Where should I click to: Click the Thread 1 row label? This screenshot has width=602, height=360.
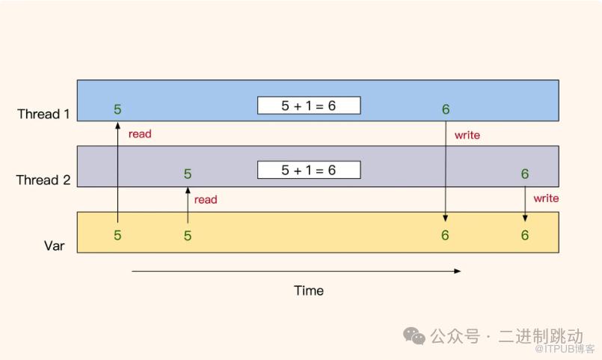click(x=43, y=115)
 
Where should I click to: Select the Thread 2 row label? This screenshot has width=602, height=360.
click(x=43, y=180)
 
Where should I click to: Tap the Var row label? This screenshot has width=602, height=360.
click(x=54, y=245)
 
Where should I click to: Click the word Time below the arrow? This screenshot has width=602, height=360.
click(x=309, y=290)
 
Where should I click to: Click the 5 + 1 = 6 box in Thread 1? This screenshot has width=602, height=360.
click(x=309, y=106)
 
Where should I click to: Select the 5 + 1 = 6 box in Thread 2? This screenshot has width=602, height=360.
click(x=309, y=170)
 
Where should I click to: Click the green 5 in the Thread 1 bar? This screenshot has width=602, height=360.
click(x=117, y=109)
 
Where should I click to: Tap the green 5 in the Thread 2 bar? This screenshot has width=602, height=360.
click(x=188, y=174)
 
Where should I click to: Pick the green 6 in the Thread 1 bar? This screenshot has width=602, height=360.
click(x=446, y=109)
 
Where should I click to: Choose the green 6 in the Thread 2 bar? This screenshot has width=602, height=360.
click(x=525, y=174)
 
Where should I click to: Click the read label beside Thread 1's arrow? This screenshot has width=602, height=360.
click(x=140, y=134)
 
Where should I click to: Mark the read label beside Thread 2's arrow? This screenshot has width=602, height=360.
click(x=206, y=199)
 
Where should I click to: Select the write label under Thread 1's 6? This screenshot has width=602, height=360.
click(x=467, y=135)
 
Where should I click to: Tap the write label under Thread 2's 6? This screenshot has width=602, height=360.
click(x=546, y=198)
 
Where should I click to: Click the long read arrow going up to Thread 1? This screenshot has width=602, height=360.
click(x=117, y=172)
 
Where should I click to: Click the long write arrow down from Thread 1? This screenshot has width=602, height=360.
click(x=446, y=172)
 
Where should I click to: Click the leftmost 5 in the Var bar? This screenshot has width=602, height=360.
click(x=117, y=235)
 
